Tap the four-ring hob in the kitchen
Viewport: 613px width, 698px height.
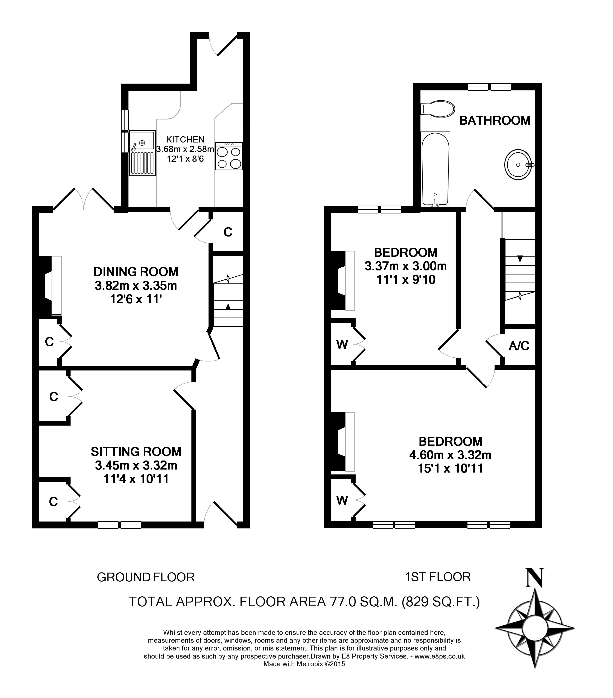point(229,156)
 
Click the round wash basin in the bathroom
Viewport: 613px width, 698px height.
point(519,165)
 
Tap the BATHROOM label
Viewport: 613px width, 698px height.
point(495,120)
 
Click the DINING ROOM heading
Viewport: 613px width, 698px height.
point(136,272)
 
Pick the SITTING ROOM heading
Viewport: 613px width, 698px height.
point(136,452)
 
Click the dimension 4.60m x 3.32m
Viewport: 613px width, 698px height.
point(450,455)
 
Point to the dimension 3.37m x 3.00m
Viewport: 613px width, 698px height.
point(406,266)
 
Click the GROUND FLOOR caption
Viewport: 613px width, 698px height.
point(145,577)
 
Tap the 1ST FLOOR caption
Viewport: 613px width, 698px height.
point(438,577)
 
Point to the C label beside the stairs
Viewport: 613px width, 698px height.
point(228,232)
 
